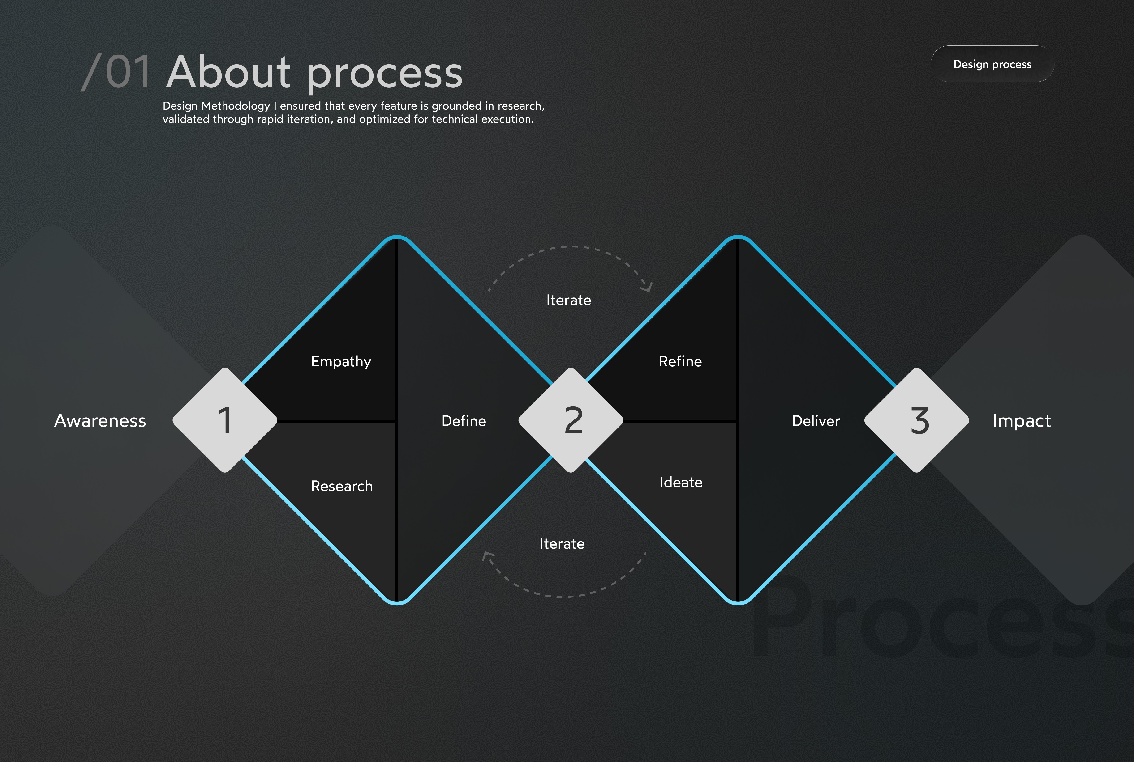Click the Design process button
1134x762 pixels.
[x=992, y=64]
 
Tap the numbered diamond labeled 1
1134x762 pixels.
[x=225, y=420]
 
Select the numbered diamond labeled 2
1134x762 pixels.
[x=571, y=420]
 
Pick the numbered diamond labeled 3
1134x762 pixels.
[x=917, y=420]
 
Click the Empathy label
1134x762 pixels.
[x=341, y=362]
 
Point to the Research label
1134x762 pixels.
[x=342, y=486]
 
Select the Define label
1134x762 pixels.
[x=464, y=421]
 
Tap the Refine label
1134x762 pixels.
[x=680, y=362]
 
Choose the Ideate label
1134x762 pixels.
[x=681, y=483]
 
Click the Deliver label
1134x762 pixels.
[x=816, y=421]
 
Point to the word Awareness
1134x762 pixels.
[x=100, y=421]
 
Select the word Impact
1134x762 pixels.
[x=1021, y=421]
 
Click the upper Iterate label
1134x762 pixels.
[x=568, y=300]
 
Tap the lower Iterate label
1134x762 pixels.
[x=562, y=544]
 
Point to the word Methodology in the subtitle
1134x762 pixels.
[x=235, y=106]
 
